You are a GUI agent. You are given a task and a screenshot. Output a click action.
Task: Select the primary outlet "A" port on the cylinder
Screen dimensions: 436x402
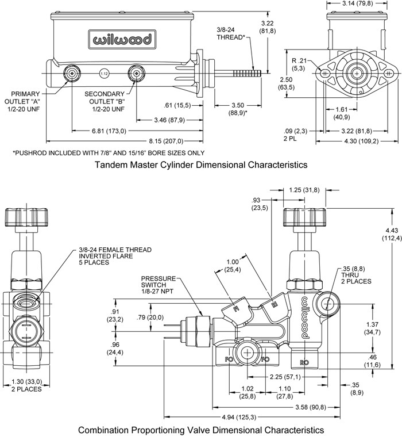(72, 73)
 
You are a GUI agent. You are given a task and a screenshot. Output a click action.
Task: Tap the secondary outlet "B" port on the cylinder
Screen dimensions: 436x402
(136, 73)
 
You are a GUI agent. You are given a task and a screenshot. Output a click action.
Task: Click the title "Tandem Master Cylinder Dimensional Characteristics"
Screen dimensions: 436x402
(200, 165)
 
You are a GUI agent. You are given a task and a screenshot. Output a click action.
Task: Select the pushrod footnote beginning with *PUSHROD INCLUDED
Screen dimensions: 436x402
(109, 152)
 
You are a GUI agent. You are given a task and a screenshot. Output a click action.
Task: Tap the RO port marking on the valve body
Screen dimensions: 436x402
(306, 362)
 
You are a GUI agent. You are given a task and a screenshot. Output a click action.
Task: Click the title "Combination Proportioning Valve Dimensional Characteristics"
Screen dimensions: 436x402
(200, 429)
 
